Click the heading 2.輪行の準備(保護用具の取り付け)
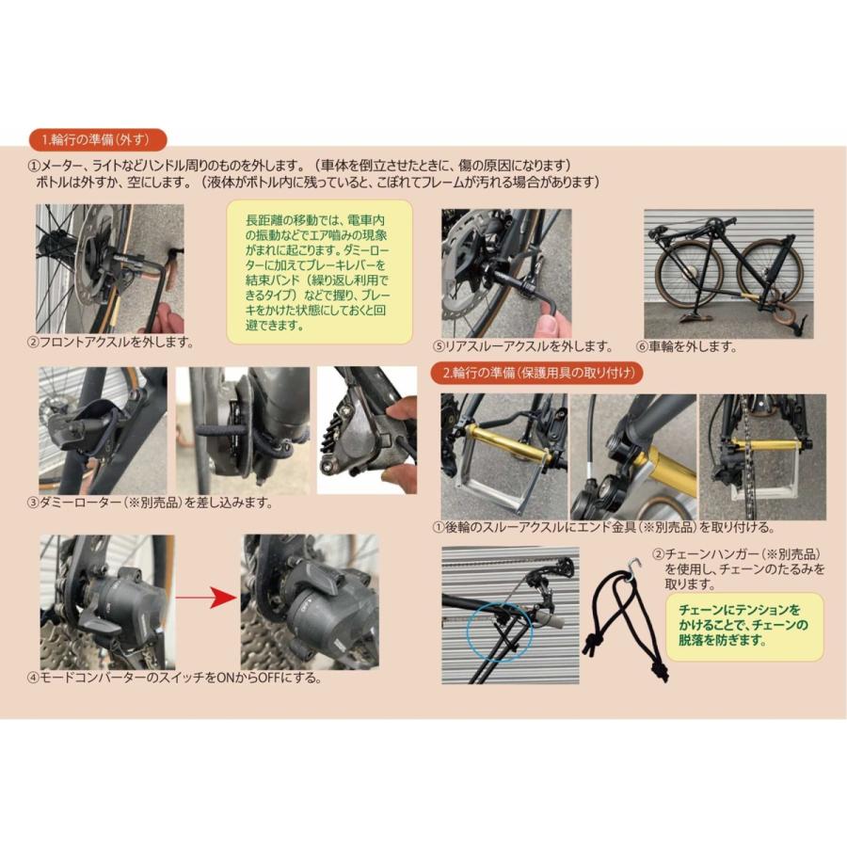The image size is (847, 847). [543, 373]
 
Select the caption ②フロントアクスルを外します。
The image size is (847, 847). [111, 341]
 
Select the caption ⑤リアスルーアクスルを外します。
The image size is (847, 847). [529, 346]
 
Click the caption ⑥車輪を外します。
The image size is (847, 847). [686, 346]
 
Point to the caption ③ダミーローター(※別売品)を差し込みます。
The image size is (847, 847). [151, 503]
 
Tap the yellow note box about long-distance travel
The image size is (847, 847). [321, 271]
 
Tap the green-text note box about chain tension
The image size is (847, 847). [743, 626]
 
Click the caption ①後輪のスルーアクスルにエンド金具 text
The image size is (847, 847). [602, 527]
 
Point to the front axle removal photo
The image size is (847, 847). [109, 268]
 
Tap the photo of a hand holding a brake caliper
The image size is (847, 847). [367, 429]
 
